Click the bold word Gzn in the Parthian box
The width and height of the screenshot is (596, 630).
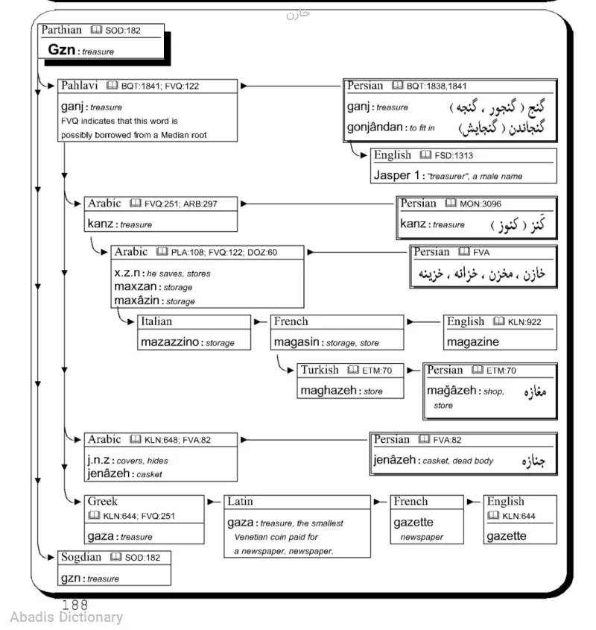click(63, 50)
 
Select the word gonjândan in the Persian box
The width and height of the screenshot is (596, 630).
click(376, 127)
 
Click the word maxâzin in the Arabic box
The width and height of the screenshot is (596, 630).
click(135, 300)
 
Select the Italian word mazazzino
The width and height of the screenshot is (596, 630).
click(171, 342)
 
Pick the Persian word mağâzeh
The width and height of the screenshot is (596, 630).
click(451, 390)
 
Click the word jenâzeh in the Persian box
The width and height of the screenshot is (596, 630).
click(395, 459)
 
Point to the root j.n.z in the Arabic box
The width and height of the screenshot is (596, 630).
click(100, 459)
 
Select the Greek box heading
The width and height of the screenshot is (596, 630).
click(102, 501)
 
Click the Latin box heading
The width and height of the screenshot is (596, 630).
click(240, 501)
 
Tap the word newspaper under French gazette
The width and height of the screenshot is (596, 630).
click(421, 536)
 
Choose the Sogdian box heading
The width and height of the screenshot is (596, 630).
click(80, 557)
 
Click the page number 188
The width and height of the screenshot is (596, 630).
click(74, 605)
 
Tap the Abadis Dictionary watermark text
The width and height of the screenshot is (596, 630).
click(66, 617)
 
